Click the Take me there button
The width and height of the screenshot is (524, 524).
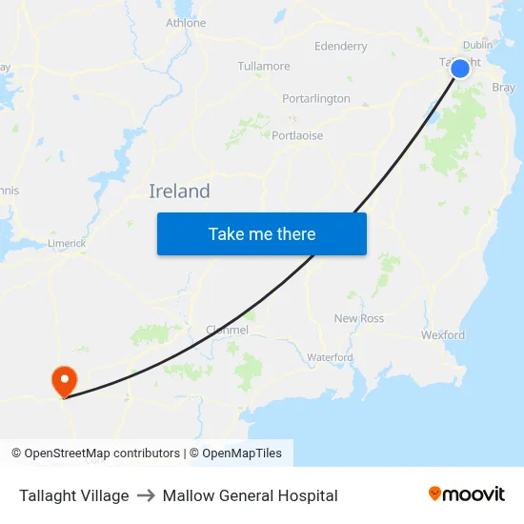pyautogui.click(x=262, y=233)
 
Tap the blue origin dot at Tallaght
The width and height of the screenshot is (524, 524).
pyautogui.click(x=460, y=69)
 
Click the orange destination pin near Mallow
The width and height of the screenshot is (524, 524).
pyautogui.click(x=64, y=381)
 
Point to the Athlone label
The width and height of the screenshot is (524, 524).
pyautogui.click(x=186, y=23)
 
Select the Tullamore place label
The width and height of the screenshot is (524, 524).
pyautogui.click(x=264, y=67)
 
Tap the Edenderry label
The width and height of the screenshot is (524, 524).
pyautogui.click(x=340, y=47)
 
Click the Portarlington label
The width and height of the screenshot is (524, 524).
pyautogui.click(x=316, y=99)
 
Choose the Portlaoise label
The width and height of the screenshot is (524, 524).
pyautogui.click(x=297, y=135)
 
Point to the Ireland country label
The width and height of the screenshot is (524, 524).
pyautogui.click(x=179, y=191)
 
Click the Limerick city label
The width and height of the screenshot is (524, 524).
pyautogui.click(x=67, y=244)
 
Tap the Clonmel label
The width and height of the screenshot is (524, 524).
pyautogui.click(x=228, y=331)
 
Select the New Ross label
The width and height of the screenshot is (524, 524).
pyautogui.click(x=359, y=318)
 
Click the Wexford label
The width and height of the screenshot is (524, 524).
pyautogui.click(x=443, y=335)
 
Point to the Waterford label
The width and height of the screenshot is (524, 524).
pyautogui.click(x=330, y=357)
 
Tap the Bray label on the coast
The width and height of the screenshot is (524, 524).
pyautogui.click(x=503, y=87)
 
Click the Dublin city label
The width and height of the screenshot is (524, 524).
pyautogui.click(x=477, y=45)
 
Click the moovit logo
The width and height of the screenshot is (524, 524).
pyautogui.click(x=467, y=494)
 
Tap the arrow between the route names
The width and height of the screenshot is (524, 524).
pyautogui.click(x=146, y=495)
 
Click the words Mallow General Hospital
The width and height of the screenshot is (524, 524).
pyautogui.click(x=251, y=495)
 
